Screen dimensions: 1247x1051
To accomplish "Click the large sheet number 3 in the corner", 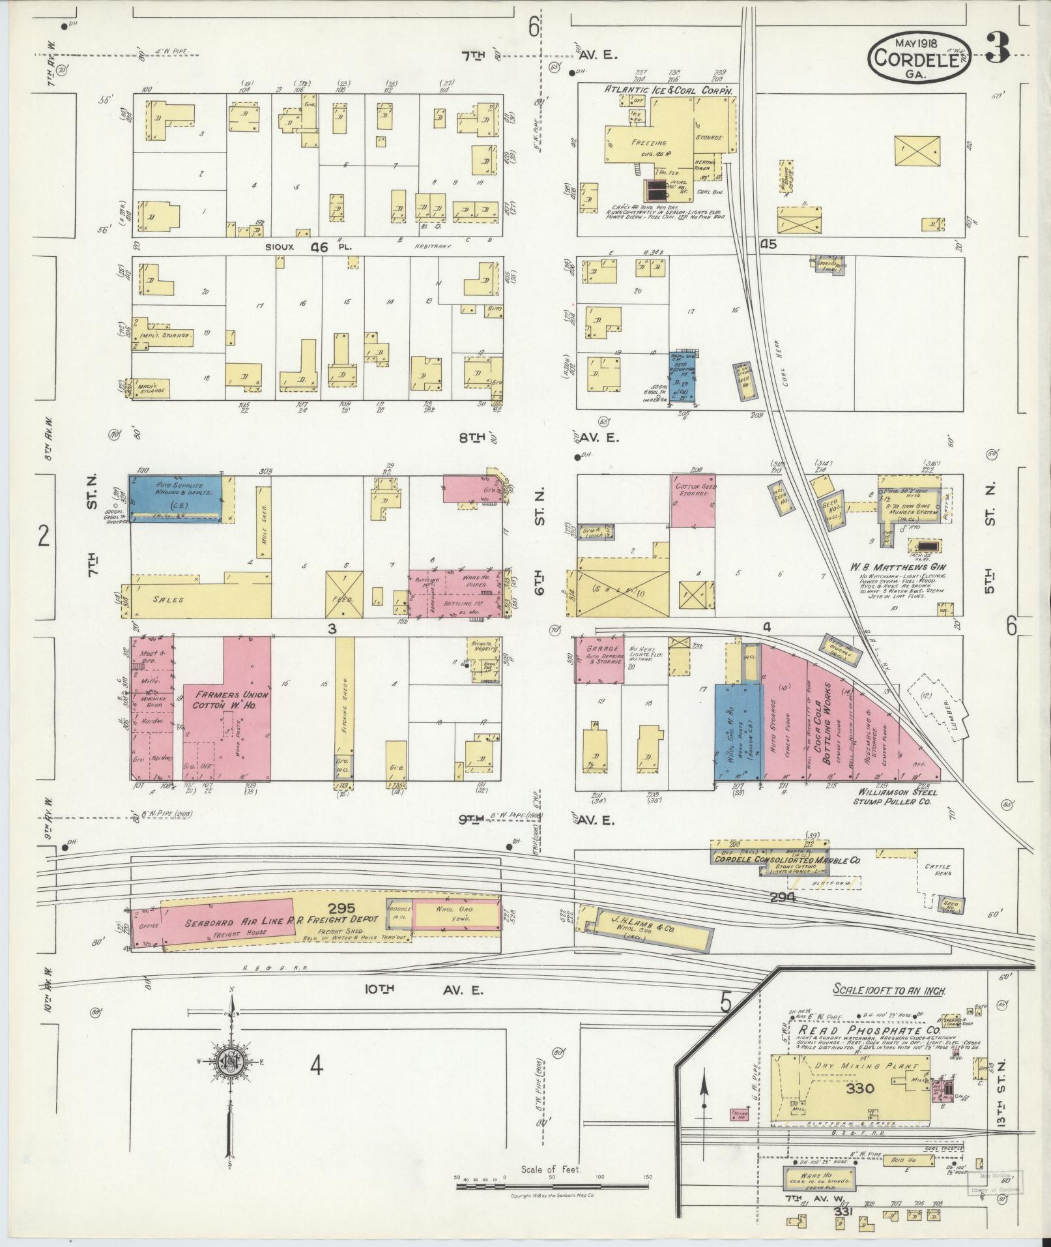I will click(x=998, y=48).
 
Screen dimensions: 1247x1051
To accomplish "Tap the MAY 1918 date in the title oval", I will click(x=916, y=43).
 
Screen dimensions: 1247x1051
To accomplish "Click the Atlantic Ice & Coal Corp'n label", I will click(x=669, y=89).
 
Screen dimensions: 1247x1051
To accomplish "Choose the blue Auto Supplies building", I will click(x=179, y=499).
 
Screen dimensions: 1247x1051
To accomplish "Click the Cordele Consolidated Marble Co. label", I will click(x=786, y=860).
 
